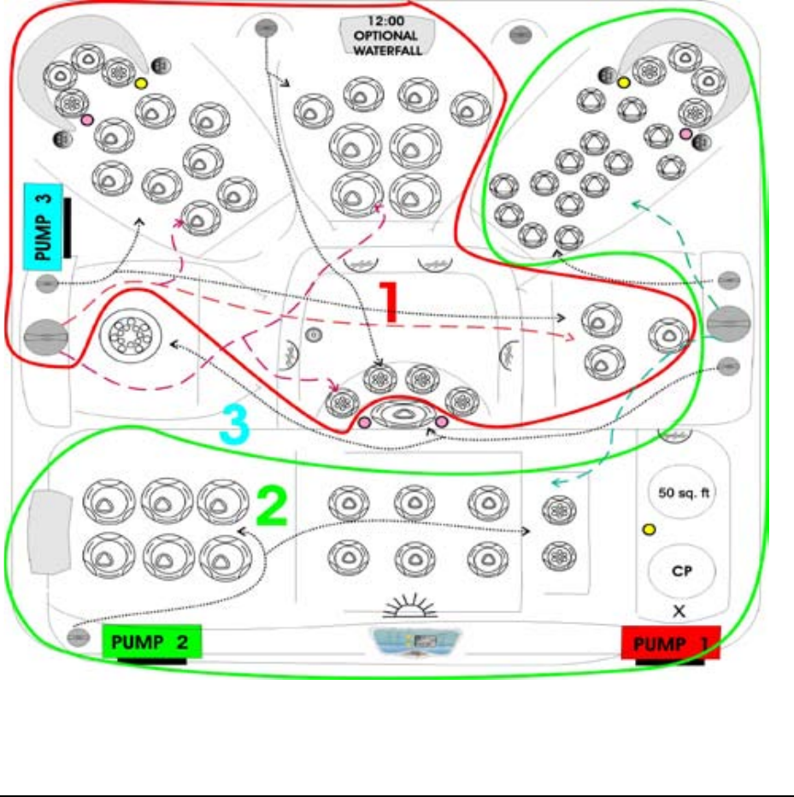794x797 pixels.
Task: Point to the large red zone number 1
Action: click(389, 303)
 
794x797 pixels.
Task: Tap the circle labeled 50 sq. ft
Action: click(681, 493)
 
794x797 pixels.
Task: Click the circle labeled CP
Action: click(681, 572)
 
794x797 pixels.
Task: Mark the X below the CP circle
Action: click(679, 611)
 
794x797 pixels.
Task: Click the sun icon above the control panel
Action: click(414, 606)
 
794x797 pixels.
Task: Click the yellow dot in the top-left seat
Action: click(141, 84)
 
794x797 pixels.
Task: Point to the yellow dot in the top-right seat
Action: click(624, 82)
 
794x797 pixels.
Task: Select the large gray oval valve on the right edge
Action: click(728, 322)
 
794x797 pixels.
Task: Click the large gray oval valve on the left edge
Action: click(46, 336)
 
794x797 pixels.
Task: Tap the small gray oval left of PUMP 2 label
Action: click(79, 636)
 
